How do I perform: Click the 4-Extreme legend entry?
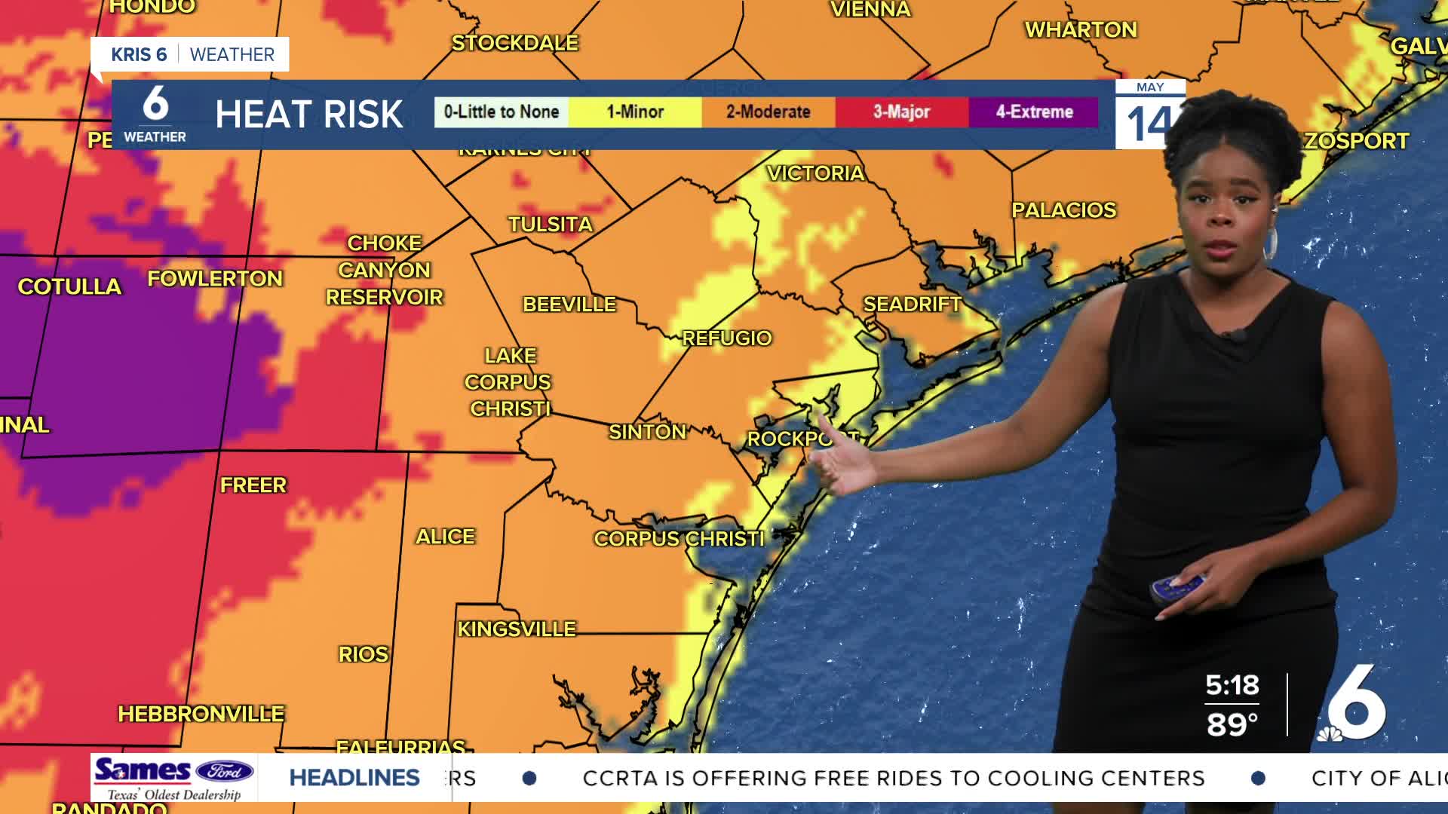click(1034, 112)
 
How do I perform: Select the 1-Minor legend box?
click(635, 112)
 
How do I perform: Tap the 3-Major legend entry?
click(901, 112)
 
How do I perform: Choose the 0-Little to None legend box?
click(502, 112)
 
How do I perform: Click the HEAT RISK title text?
click(309, 115)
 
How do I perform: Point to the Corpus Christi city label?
click(679, 539)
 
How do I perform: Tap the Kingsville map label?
click(517, 629)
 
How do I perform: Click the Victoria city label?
click(815, 173)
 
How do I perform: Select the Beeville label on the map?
click(569, 304)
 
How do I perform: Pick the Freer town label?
click(253, 485)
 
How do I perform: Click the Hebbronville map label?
click(201, 714)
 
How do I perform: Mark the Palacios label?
click(1063, 210)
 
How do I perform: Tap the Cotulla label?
click(69, 286)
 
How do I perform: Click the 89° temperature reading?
click(1232, 725)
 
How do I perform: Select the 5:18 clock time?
click(1232, 685)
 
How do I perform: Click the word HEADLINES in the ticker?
click(354, 778)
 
